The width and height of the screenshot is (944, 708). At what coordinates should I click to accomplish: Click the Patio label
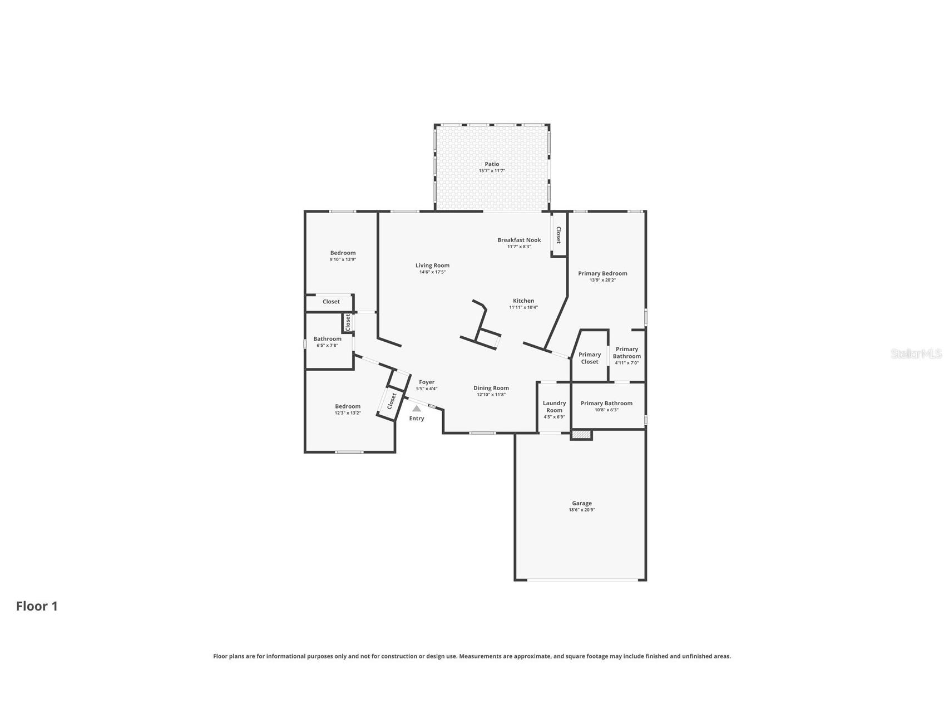[492, 164]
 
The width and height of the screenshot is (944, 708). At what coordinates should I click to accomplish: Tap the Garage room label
[582, 503]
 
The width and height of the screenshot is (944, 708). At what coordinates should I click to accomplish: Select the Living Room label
[432, 265]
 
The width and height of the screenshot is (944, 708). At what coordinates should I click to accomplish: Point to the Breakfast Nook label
[519, 240]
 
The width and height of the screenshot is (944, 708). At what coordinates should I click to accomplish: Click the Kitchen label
[523, 301]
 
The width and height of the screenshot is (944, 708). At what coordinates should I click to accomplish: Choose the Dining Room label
[491, 388]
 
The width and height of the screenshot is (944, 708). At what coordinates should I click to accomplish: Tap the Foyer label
[427, 382]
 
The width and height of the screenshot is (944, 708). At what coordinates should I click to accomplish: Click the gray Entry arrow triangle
[417, 409]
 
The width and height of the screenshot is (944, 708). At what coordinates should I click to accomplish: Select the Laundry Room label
[554, 406]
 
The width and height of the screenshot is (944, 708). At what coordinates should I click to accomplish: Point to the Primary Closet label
[590, 358]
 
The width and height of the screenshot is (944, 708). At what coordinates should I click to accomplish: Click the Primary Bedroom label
[602, 273]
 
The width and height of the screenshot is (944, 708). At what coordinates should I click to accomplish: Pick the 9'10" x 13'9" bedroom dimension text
[343, 259]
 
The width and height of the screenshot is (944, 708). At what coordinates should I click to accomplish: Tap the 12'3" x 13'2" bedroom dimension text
[348, 413]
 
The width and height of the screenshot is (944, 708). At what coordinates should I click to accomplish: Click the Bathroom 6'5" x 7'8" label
[327, 339]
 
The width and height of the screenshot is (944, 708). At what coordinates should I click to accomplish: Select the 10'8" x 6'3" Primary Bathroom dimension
[606, 410]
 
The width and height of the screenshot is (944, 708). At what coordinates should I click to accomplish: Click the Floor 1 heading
[37, 606]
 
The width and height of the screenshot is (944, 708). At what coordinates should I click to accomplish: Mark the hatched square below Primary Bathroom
[581, 434]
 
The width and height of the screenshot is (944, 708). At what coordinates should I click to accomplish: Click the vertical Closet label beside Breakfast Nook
[559, 235]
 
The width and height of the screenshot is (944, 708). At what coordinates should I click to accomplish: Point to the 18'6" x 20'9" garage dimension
[582, 510]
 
